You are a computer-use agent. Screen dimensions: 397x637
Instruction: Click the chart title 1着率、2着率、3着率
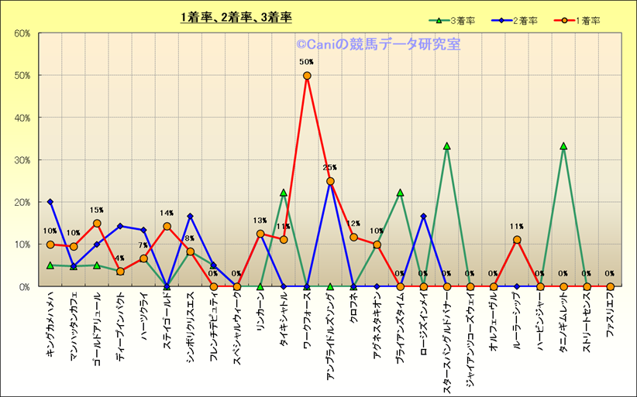click(236, 16)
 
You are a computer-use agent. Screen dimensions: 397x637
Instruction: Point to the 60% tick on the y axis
click(22, 33)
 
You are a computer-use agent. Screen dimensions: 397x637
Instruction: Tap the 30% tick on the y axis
click(22, 160)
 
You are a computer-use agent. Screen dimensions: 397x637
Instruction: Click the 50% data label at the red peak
click(307, 62)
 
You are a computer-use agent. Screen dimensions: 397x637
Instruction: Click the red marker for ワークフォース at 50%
click(307, 76)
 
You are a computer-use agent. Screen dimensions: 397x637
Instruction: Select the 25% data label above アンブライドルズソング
click(330, 168)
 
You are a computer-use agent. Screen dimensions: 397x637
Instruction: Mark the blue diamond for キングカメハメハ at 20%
click(50, 202)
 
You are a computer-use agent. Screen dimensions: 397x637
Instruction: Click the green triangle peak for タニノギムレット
click(563, 146)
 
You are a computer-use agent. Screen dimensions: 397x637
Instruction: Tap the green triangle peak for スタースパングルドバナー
click(447, 146)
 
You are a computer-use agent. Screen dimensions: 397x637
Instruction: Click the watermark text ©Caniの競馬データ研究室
click(377, 45)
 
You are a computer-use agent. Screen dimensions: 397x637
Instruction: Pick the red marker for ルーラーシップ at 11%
click(517, 240)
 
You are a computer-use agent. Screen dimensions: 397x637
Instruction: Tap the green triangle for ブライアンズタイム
click(400, 193)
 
